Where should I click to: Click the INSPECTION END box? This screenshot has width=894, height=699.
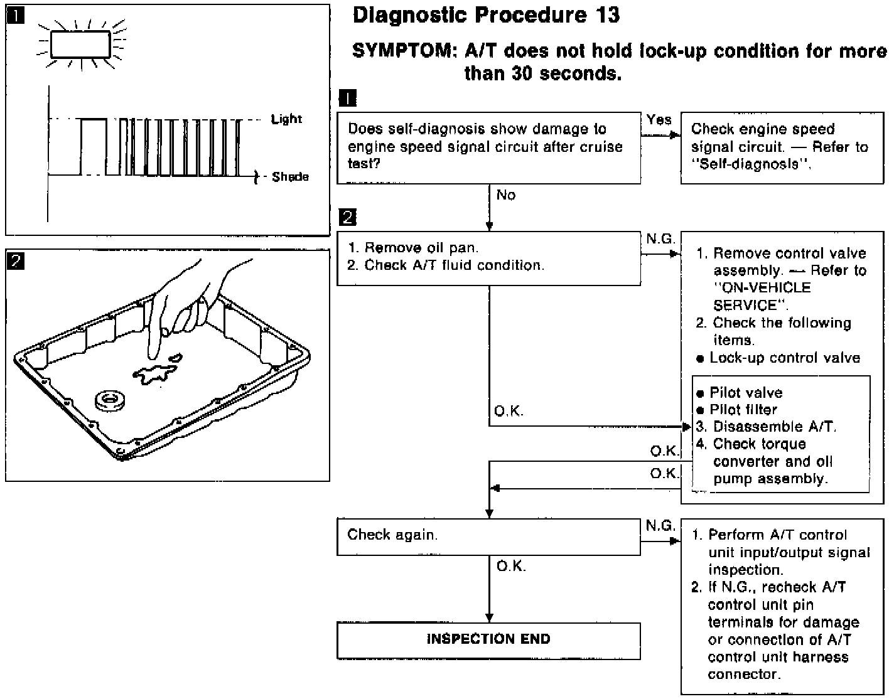(488, 639)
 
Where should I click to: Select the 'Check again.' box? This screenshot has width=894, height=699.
(488, 536)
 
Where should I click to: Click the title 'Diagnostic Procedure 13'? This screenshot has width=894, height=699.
(487, 15)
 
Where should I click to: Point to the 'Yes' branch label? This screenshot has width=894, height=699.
(659, 119)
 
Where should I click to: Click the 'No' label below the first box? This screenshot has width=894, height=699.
(506, 195)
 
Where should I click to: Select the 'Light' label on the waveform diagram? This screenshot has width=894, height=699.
(286, 119)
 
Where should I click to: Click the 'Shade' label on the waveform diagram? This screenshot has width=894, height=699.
(290, 177)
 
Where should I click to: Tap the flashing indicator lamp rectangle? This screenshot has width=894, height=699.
(80, 44)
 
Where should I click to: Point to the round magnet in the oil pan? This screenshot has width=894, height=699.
(110, 400)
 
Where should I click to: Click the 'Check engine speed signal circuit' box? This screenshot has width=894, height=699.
(782, 147)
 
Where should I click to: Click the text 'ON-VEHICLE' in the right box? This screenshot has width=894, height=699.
(762, 288)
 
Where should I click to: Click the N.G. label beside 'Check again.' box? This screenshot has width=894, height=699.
(660, 526)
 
